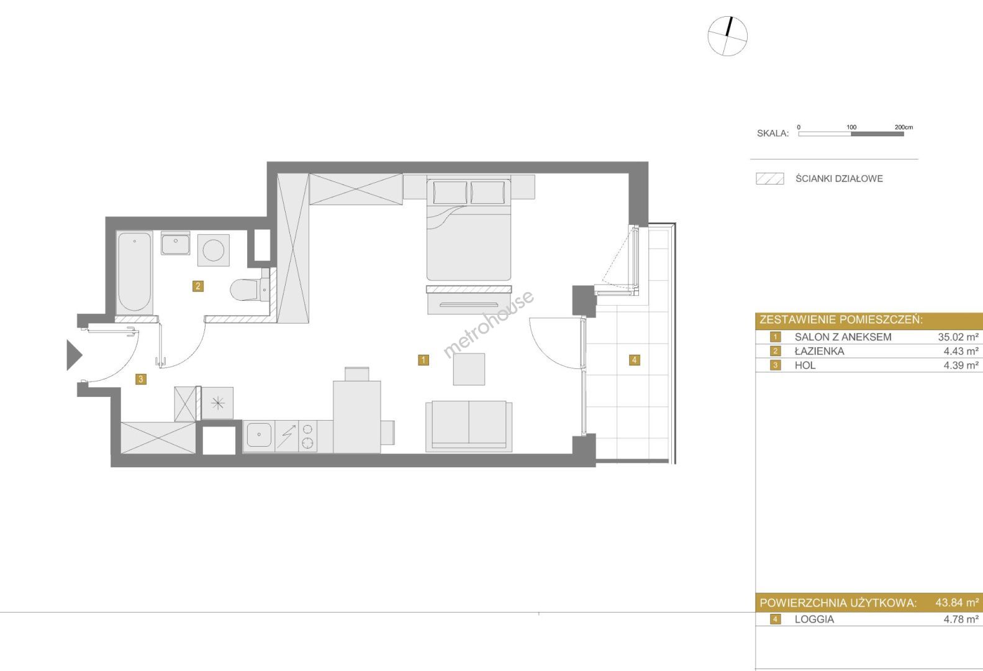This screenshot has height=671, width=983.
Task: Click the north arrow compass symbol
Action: click(727, 36)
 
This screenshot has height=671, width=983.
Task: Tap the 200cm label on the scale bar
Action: click(904, 127)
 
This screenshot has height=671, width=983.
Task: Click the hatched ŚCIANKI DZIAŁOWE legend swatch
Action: click(770, 178)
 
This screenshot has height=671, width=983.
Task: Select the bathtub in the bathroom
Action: click(135, 272)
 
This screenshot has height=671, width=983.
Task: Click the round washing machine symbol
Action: click(213, 250)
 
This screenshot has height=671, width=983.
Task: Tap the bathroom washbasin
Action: click(176, 244)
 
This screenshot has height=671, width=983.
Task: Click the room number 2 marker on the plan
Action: click(198, 286)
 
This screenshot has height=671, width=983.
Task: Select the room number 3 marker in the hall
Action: click(141, 379)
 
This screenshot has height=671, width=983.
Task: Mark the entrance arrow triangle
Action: click(74, 355)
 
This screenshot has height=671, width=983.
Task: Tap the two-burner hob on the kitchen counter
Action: click(308, 436)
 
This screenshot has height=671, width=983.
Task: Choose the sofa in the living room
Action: click(469, 426)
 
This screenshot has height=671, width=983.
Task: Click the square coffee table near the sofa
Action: click(469, 369)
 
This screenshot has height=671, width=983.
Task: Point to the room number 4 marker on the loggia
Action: click(634, 360)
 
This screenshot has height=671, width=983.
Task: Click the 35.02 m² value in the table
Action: click(958, 337)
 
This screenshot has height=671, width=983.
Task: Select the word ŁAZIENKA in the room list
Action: click(819, 351)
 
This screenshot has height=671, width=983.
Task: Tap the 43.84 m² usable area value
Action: click(957, 603)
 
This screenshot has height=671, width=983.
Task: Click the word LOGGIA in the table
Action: click(815, 619)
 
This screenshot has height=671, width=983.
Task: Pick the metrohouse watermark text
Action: click(489, 324)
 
